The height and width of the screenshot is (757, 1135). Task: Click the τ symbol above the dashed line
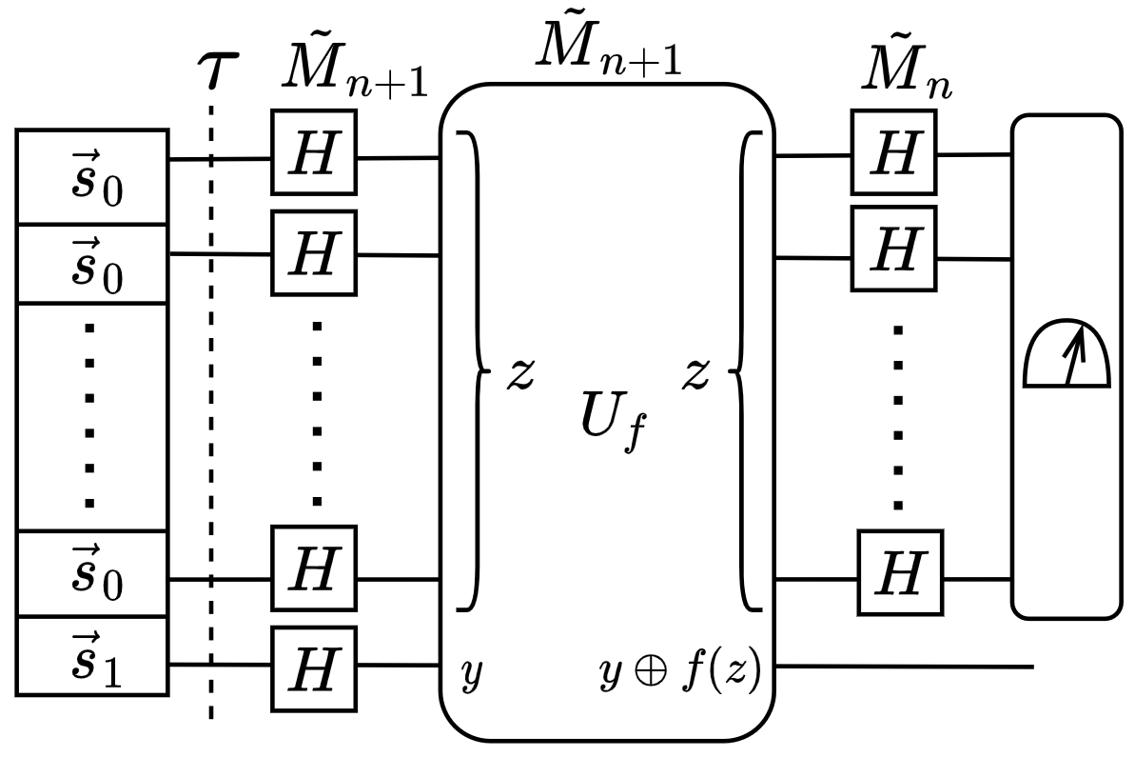pos(217,70)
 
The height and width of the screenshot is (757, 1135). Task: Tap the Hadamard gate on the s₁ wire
pos(314,668)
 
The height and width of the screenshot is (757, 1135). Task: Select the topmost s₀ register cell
pos(92,179)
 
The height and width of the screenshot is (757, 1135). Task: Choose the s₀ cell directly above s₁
pos(92,575)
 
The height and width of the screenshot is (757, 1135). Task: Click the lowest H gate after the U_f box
pos(900,574)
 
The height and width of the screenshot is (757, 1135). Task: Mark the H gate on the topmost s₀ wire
pos(314,154)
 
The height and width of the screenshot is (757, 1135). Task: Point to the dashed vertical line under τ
pos(211,428)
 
